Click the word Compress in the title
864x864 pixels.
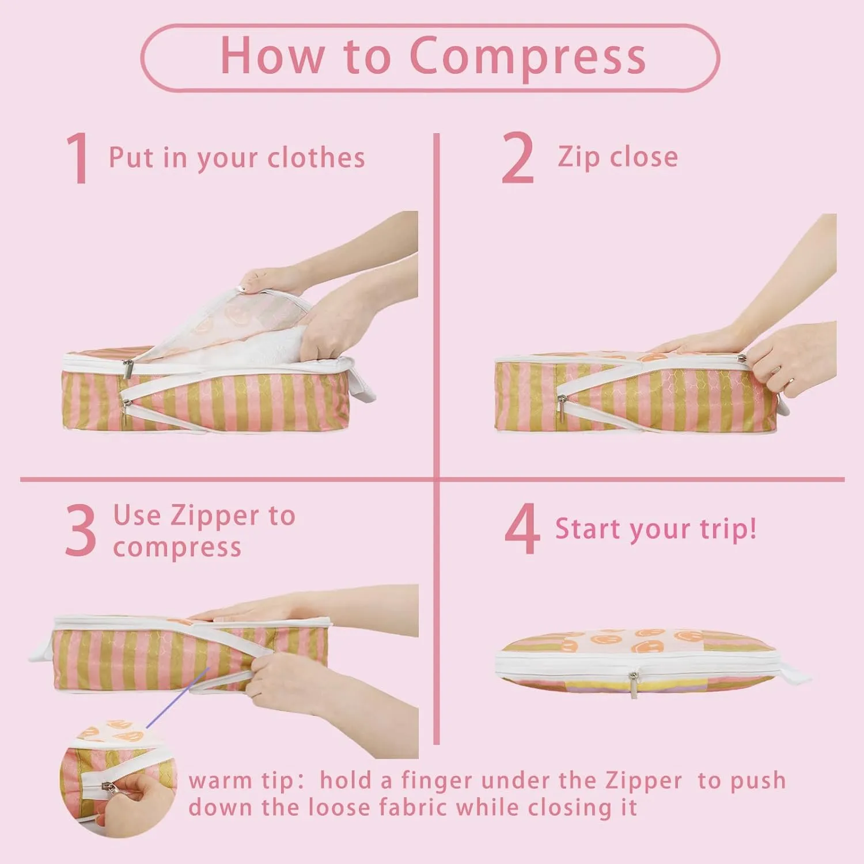click(x=528, y=56)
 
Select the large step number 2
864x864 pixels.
click(x=517, y=158)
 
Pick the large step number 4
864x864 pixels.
click(x=522, y=529)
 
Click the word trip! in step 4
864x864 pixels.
click(x=728, y=529)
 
